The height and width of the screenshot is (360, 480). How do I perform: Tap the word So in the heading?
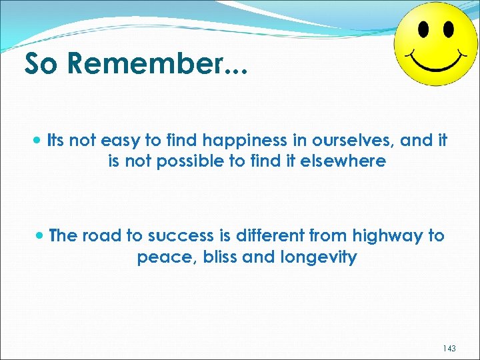[x=43, y=64]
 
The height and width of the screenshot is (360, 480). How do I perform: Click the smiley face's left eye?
[x=423, y=30]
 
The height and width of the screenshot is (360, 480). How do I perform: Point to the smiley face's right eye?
[x=449, y=29]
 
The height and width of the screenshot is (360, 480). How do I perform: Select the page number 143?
[x=449, y=348]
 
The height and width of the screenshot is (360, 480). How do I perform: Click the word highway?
[x=387, y=236]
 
